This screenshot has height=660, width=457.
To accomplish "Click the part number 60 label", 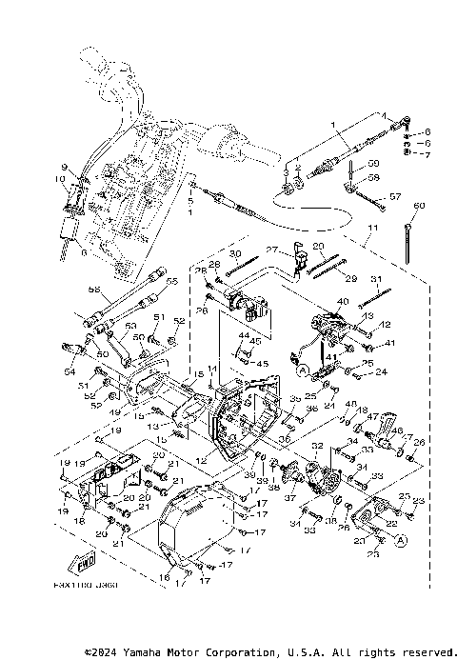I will tap(419, 206).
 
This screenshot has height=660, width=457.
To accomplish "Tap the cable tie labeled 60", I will tap(410, 243).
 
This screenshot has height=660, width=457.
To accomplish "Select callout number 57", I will tap(397, 197).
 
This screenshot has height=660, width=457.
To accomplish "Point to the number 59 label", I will tap(373, 163).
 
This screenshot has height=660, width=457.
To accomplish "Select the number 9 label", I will tap(65, 168).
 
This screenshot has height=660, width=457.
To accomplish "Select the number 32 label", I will tap(317, 446).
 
